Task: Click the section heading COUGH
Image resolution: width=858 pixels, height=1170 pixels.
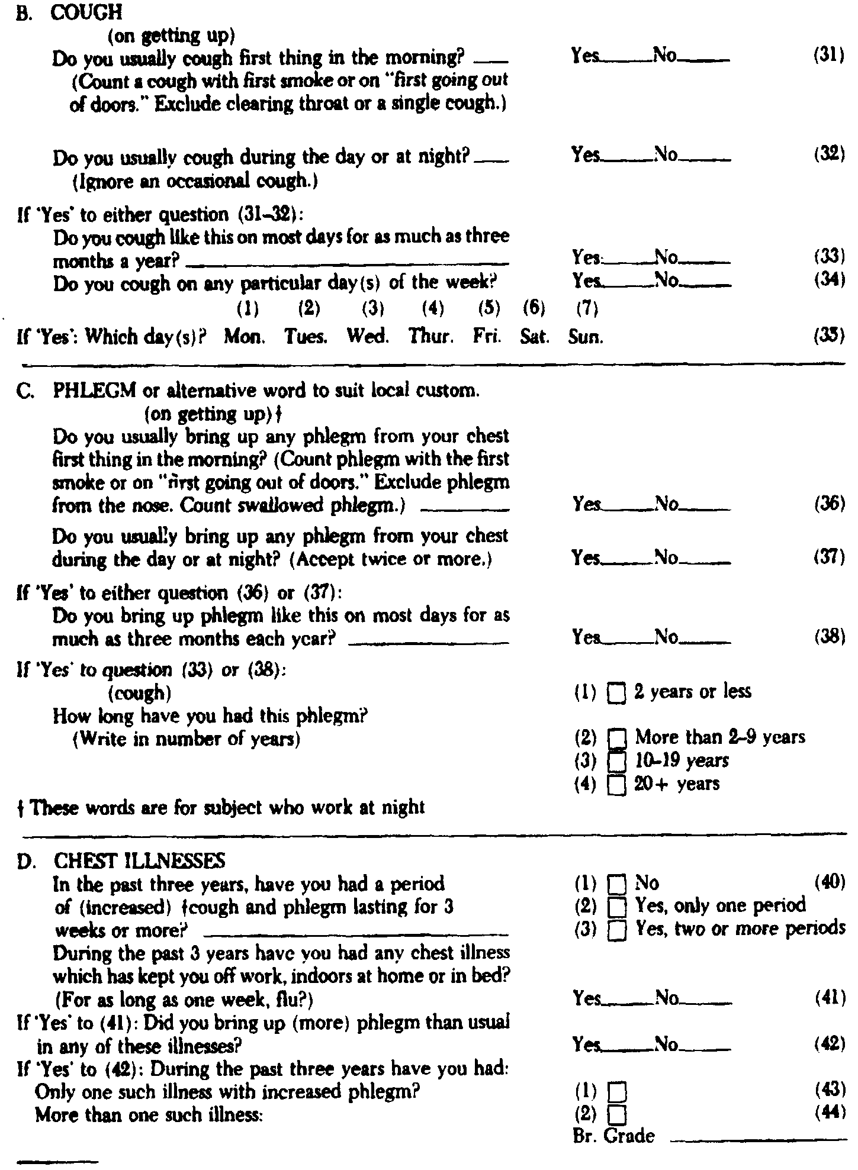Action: [x=82, y=13]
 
